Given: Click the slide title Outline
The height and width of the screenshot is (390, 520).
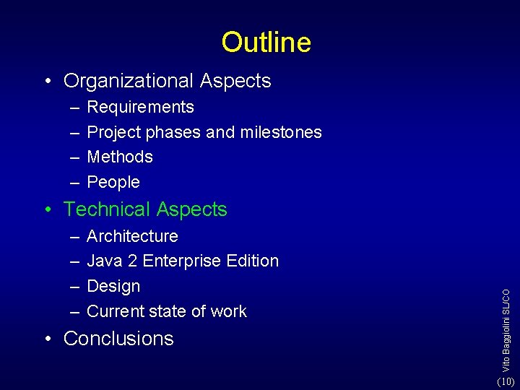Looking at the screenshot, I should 266,43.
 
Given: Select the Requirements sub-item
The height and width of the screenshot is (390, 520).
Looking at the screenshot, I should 140,108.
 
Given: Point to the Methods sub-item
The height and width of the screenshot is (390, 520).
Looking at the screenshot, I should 120,157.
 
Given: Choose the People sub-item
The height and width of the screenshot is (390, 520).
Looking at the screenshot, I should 113,182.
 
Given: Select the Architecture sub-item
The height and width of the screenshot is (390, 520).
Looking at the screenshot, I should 132,236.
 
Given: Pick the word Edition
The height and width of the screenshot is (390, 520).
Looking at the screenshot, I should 253,261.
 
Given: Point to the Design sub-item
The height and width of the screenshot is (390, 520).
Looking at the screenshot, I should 113,286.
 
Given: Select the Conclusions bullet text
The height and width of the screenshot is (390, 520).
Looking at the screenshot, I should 118,339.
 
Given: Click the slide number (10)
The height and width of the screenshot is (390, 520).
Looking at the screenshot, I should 506,381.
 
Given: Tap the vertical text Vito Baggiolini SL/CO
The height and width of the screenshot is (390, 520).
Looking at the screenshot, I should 507,321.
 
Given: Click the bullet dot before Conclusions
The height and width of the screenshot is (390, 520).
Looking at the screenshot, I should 48,339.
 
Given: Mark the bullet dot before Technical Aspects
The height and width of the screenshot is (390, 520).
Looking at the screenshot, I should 48,210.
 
